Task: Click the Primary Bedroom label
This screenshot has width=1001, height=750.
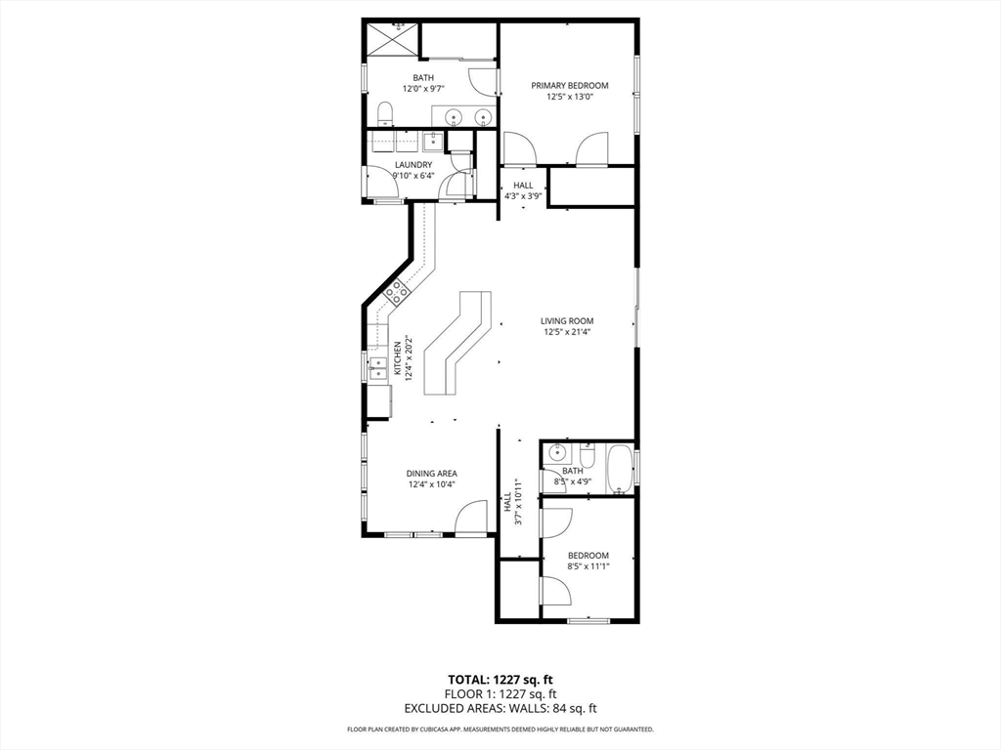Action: coord(570,86)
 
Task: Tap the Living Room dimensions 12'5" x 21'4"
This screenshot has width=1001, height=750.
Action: coord(567,332)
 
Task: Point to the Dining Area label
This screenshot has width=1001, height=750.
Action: coord(431,474)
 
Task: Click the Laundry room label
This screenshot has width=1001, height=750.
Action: coord(413,164)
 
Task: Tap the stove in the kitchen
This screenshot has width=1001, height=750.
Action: coord(397,291)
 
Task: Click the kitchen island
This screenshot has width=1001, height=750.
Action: coord(457,343)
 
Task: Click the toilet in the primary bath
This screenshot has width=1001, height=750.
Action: coord(385,113)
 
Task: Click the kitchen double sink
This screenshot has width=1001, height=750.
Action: coord(378,369)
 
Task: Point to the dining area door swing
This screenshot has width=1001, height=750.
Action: coord(472,518)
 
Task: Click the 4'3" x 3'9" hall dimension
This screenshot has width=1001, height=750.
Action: coord(523,196)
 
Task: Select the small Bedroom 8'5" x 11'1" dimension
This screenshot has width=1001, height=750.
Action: coord(588,566)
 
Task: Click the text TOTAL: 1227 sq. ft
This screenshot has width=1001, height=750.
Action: coord(500,680)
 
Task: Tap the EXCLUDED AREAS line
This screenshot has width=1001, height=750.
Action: coord(500,708)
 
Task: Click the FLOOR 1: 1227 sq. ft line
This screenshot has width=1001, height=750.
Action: coord(500,694)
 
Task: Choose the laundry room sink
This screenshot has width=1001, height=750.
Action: coord(432,141)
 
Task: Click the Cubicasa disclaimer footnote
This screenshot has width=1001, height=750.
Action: coord(500,729)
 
